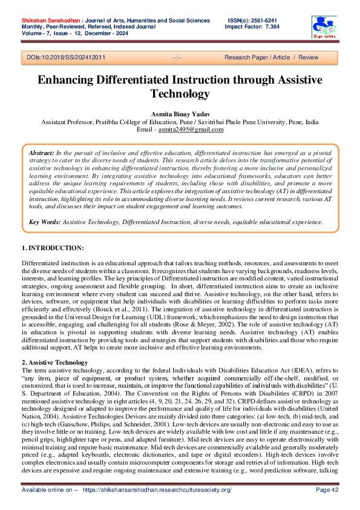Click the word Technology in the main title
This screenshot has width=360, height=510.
(x=180, y=94)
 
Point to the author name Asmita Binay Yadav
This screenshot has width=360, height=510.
(x=180, y=114)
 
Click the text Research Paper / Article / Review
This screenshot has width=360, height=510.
(x=271, y=58)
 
